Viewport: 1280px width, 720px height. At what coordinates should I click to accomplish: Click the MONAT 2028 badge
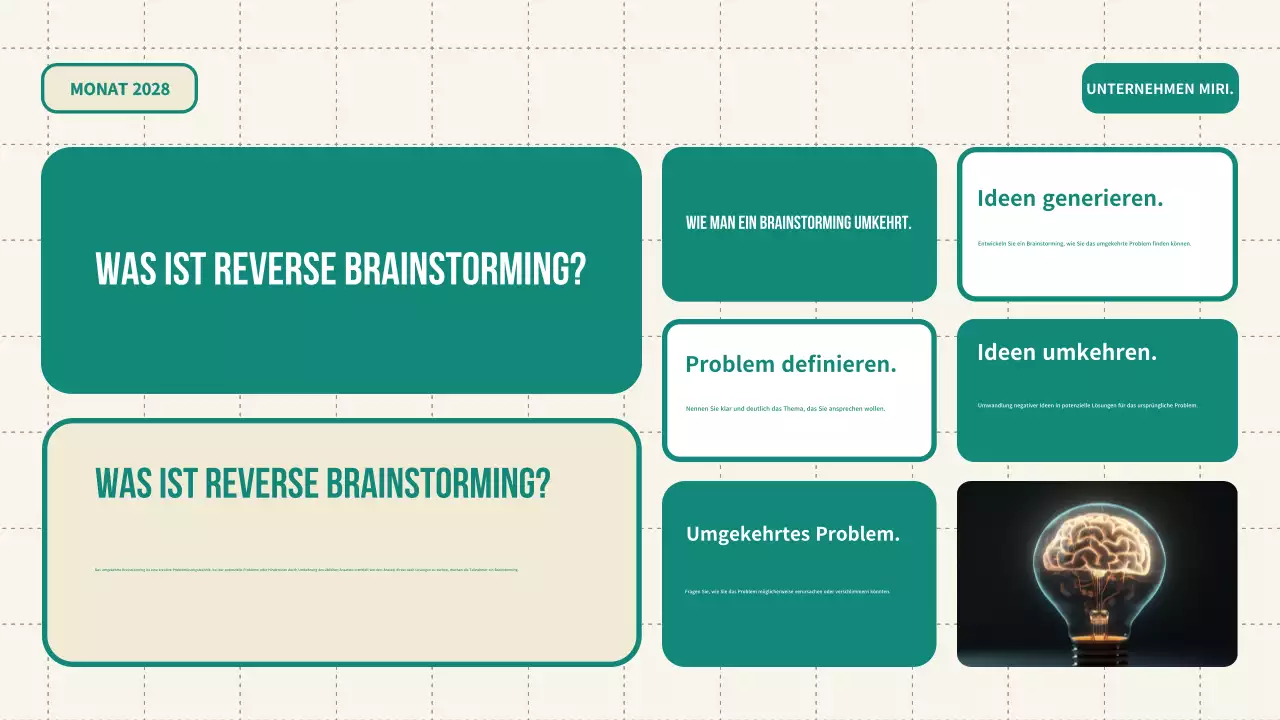point(119,89)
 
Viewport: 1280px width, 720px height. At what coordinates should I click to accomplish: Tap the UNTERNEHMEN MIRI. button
point(1160,89)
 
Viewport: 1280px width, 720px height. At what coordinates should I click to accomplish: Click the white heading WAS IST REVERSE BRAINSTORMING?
point(340,269)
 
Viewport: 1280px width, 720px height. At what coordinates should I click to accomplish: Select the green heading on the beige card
point(322,484)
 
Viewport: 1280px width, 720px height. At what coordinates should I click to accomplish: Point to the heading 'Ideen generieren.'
point(1070,198)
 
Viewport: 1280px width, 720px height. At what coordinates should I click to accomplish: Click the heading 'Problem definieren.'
point(791,364)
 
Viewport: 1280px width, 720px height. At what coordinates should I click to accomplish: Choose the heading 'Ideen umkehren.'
point(1067,352)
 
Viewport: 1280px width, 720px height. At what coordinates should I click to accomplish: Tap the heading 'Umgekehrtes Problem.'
point(793,534)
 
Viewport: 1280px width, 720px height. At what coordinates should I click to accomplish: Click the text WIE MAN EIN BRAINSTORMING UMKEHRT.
point(799,223)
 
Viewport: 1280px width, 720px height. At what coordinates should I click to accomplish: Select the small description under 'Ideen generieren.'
point(1084,243)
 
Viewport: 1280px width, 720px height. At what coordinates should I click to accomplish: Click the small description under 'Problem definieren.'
point(785,408)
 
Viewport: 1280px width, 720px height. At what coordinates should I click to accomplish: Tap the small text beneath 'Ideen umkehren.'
point(1087,405)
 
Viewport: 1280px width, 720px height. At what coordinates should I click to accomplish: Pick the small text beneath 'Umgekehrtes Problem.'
point(787,591)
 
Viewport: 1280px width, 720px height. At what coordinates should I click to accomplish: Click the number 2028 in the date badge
point(150,89)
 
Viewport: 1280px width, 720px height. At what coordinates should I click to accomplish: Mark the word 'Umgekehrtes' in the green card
point(747,534)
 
